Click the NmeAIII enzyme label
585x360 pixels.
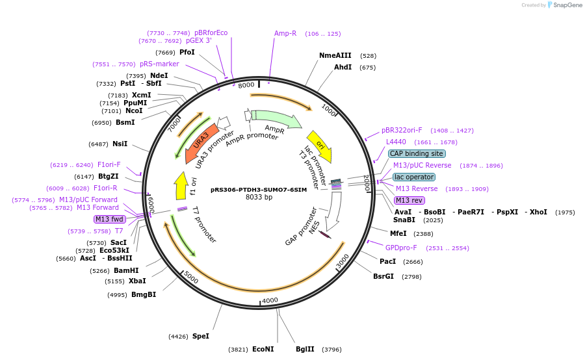click(335, 56)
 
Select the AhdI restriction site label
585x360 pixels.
click(343, 67)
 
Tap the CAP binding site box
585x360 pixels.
click(417, 154)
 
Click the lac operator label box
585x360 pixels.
click(414, 177)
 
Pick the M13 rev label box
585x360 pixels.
click(409, 200)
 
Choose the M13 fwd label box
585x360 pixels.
click(110, 219)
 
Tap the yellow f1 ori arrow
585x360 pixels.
click(181, 186)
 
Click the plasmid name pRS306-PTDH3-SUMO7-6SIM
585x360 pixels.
click(259, 190)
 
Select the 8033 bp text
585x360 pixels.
click(259, 198)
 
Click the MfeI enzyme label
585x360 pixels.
click(398, 233)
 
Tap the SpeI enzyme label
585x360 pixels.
click(201, 336)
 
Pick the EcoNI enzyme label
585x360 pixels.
click(263, 349)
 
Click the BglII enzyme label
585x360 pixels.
click(305, 349)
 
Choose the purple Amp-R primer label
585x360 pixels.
click(285, 33)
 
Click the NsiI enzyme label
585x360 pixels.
click(120, 144)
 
